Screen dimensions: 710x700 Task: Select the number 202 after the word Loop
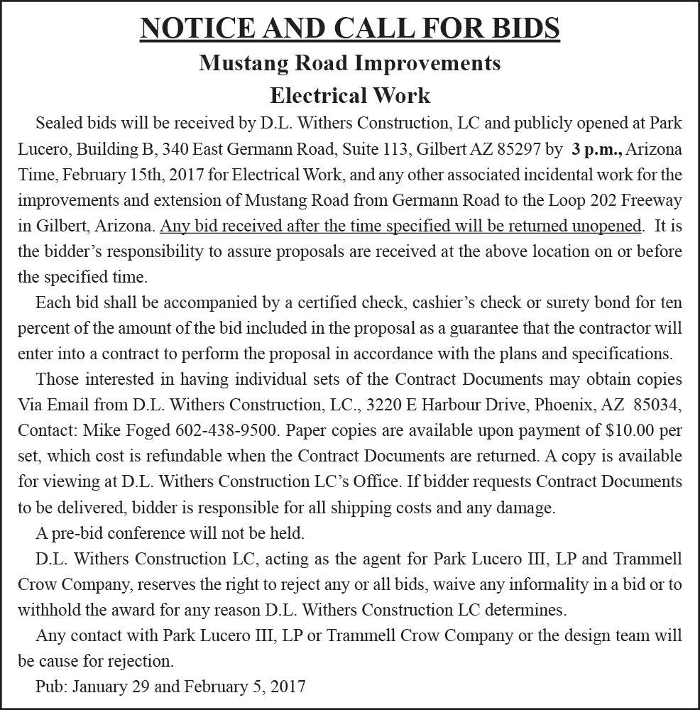pos(591,200)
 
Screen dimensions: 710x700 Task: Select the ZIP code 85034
pos(657,405)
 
